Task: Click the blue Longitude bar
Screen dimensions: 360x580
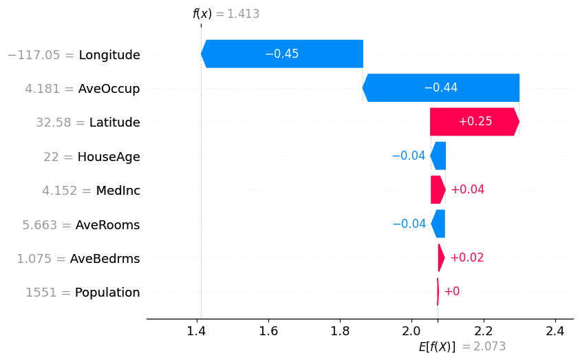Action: pos(282,54)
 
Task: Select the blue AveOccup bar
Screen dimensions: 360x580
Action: pos(440,87)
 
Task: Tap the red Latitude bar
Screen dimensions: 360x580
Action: pos(474,121)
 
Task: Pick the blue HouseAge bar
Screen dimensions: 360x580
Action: pos(438,156)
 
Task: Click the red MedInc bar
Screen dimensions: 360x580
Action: pos(438,189)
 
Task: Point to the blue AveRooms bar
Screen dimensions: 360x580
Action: pos(438,224)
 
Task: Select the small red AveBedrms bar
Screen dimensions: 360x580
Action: pos(441,257)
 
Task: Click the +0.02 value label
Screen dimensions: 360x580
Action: pos(467,257)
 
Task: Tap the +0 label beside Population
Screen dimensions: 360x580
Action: pos(451,292)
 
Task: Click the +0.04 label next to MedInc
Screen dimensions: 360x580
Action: pos(467,189)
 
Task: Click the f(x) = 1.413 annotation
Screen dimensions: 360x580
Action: pos(226,14)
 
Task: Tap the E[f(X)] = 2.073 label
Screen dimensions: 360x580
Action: pos(466,346)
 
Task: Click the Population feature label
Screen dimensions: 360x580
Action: pos(107,293)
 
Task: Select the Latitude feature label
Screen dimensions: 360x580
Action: pos(114,123)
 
